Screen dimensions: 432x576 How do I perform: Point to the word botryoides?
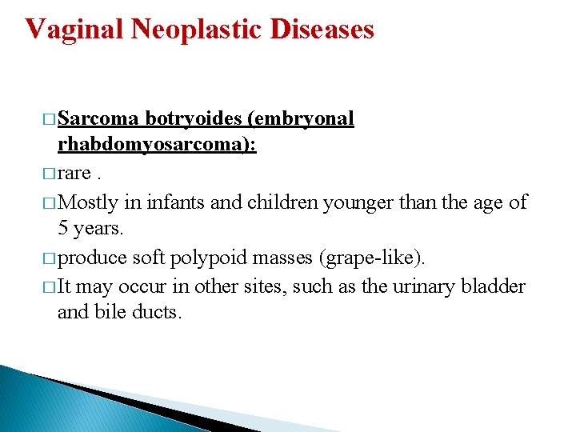click(x=194, y=119)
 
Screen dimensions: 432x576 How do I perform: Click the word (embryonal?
click(x=301, y=119)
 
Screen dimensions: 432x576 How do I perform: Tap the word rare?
click(x=74, y=174)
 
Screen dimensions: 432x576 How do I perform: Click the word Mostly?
click(x=90, y=202)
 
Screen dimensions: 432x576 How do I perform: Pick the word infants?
click(x=174, y=202)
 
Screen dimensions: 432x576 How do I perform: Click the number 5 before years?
click(x=64, y=229)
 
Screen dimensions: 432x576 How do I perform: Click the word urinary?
click(x=421, y=285)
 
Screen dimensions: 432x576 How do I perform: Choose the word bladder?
click(x=494, y=285)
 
